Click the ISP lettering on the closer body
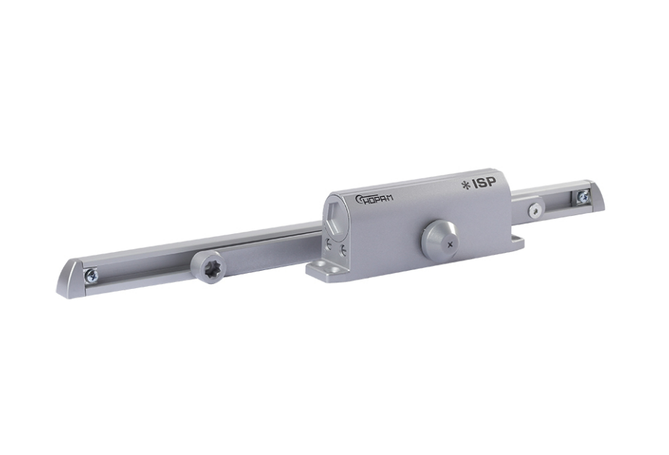484,183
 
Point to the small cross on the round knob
449,244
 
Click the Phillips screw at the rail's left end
91,274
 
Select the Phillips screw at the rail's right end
582,196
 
